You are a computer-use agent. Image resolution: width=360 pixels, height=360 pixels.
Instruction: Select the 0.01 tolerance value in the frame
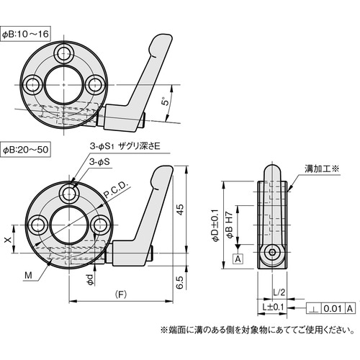pos(331,308)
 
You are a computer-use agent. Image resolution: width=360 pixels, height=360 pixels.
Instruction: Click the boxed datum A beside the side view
pos(238,258)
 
